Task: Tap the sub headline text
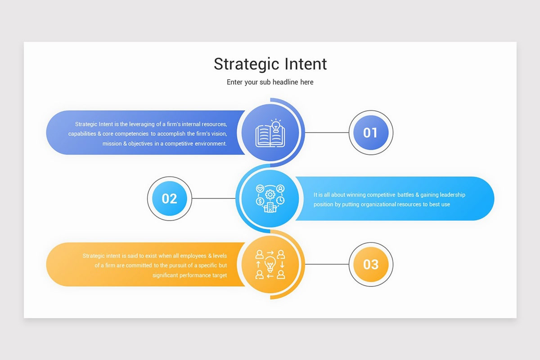(x=270, y=82)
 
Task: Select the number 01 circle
(x=371, y=133)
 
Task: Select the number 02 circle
(x=170, y=198)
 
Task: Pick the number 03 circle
(x=371, y=264)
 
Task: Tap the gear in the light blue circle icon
(x=270, y=194)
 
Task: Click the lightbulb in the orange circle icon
(x=270, y=264)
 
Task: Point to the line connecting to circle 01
(x=327, y=133)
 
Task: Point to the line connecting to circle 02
(x=213, y=198)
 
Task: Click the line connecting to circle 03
(x=327, y=264)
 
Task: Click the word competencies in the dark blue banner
(x=131, y=134)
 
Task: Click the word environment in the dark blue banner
(x=211, y=144)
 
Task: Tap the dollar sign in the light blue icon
(x=260, y=201)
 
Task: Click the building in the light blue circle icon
(x=270, y=207)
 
